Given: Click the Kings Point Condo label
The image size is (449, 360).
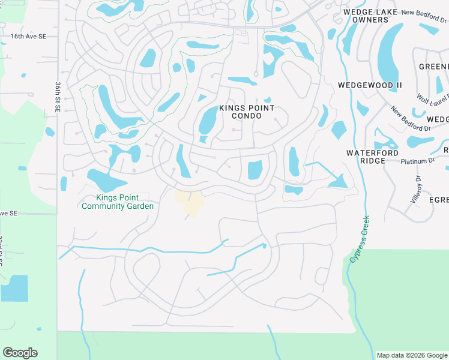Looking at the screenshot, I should [x=247, y=112].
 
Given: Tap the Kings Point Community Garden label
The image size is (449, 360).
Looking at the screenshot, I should [x=118, y=202].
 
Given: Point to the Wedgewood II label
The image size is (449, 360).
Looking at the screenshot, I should [x=370, y=85].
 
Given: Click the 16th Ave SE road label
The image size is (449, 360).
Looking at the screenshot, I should [x=28, y=37].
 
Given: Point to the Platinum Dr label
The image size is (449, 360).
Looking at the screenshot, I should [x=418, y=161].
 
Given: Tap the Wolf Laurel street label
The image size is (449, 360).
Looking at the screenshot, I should [x=433, y=98].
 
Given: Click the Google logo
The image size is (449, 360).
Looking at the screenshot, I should [x=20, y=353].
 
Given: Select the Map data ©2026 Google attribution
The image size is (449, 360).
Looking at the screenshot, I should [x=411, y=355].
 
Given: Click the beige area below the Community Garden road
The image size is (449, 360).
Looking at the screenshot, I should [x=190, y=203].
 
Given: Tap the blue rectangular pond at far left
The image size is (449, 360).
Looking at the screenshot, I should [x=14, y=288].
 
